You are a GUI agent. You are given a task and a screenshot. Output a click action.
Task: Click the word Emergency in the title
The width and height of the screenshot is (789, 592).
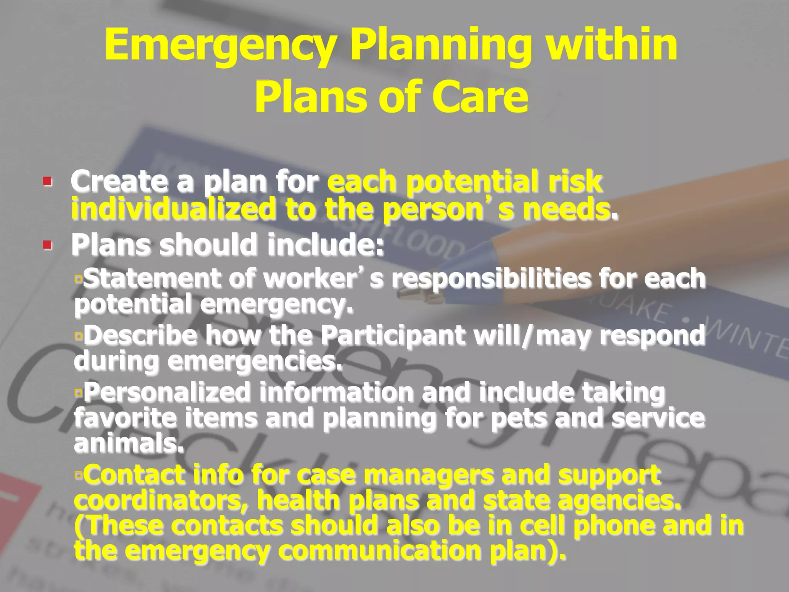click(x=219, y=45)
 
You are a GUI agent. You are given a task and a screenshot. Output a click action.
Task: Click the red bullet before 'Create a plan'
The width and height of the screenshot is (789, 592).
click(x=47, y=181)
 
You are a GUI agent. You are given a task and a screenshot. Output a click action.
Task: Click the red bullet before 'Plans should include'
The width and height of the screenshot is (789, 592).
click(x=47, y=245)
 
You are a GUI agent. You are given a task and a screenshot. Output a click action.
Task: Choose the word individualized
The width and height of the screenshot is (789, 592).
click(x=173, y=209)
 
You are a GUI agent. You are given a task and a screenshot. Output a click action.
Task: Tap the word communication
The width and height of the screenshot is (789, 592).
click(x=380, y=551)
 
